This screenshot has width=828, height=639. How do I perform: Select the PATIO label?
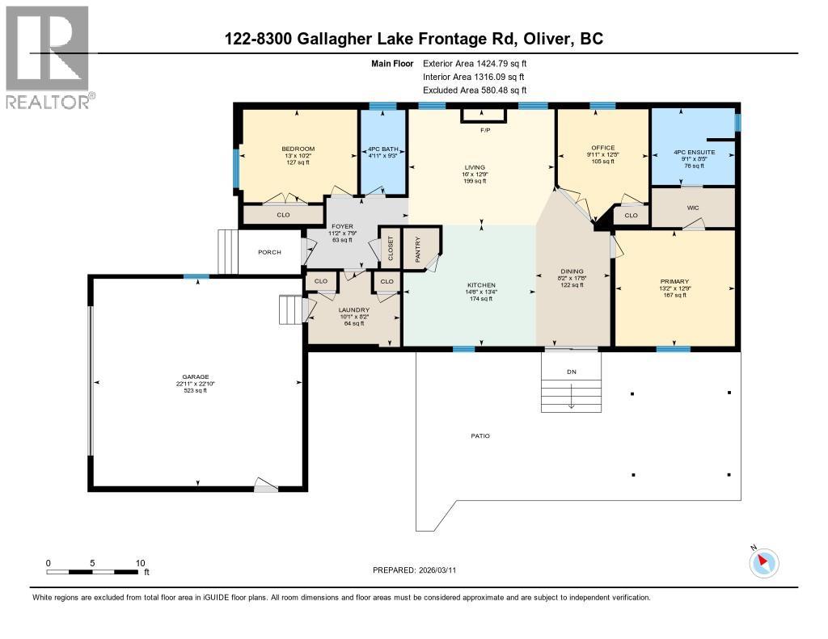480,436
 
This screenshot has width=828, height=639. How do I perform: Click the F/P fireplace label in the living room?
485,130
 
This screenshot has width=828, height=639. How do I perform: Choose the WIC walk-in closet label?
693,208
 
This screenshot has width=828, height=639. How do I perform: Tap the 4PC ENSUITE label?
693,152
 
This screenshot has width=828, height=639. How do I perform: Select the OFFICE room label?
602,148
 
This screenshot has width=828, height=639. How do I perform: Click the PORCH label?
269,252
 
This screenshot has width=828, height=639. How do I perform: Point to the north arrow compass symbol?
763,562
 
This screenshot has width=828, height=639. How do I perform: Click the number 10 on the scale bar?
140,563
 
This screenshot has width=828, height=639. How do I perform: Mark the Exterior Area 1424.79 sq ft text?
475,63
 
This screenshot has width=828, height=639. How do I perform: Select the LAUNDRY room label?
354,310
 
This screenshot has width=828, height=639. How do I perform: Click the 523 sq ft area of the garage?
194,391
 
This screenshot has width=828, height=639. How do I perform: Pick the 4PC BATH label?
382,149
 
